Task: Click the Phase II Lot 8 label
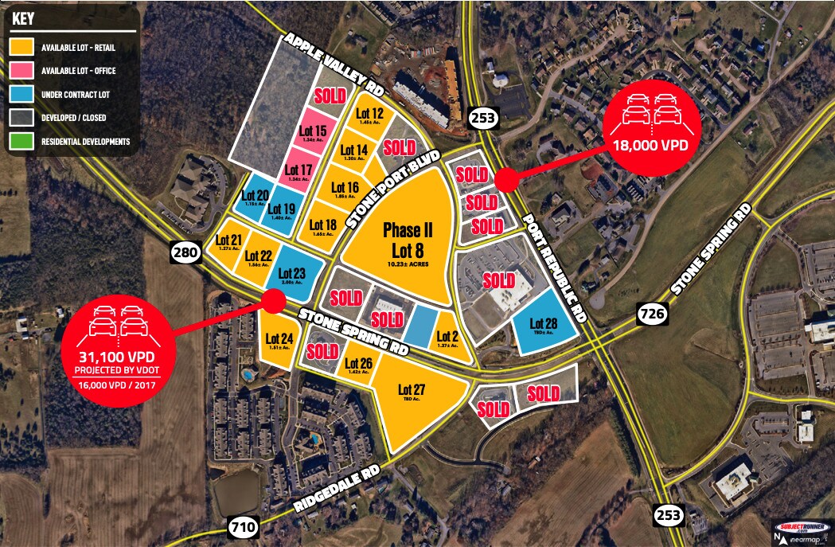point(408,240)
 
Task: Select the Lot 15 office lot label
point(313,131)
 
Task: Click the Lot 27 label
point(412,389)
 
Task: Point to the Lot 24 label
point(279,338)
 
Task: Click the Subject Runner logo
point(802,527)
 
